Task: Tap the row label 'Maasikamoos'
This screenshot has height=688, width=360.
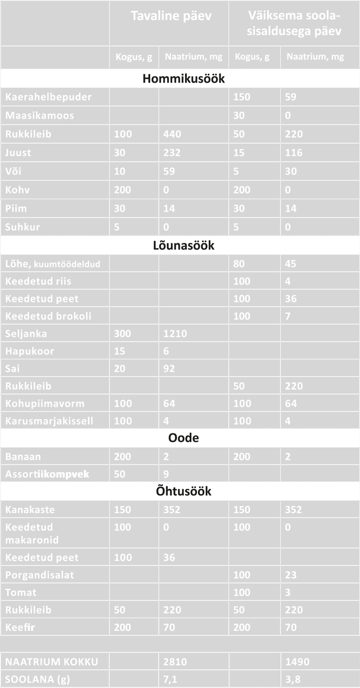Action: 39,116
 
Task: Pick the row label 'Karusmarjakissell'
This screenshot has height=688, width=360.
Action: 49,421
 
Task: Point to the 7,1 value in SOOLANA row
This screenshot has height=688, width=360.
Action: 170,679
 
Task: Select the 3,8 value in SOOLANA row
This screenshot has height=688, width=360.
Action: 293,679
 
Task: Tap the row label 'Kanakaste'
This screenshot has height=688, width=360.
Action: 30,510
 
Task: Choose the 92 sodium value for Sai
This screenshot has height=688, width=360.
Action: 169,368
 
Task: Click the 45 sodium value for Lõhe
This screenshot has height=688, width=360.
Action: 291,263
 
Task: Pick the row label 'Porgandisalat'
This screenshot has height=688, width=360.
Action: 40,575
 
